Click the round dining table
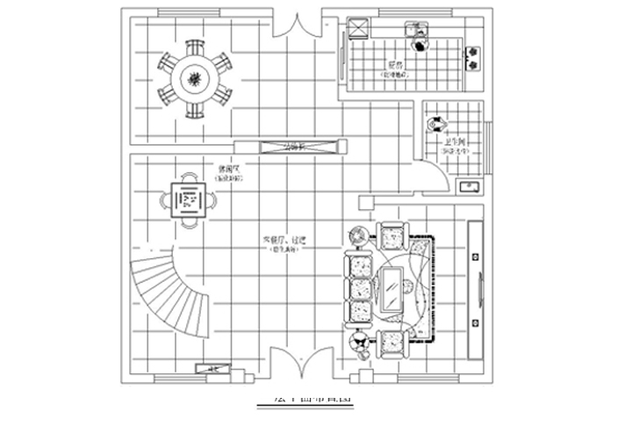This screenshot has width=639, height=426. click(x=195, y=79)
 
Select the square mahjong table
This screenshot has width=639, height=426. click(x=189, y=201)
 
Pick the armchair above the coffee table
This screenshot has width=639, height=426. click(x=391, y=235)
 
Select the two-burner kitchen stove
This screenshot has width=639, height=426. click(x=474, y=57)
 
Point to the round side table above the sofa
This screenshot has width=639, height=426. click(x=359, y=235)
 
